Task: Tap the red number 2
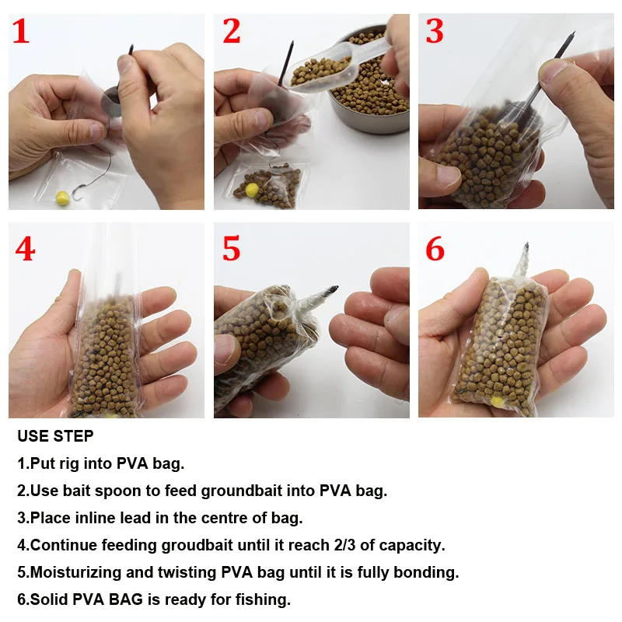pyautogui.click(x=232, y=31)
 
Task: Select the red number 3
pyautogui.click(x=435, y=31)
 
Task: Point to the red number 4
pyautogui.click(x=25, y=249)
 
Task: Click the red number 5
pyautogui.click(x=231, y=249)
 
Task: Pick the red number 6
pyautogui.click(x=435, y=249)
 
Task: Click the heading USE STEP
pyautogui.click(x=55, y=436)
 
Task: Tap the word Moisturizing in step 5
pyautogui.click(x=76, y=572)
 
